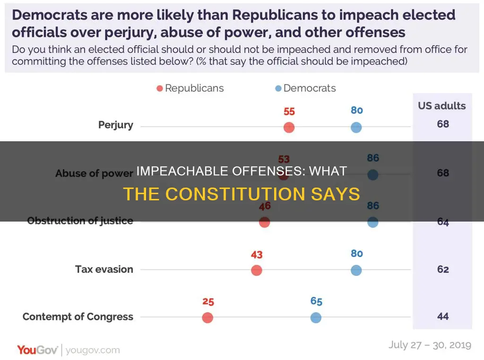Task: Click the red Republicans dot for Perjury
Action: tap(289, 128)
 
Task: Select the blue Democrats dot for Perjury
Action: tap(356, 128)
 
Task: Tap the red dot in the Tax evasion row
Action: tap(256, 270)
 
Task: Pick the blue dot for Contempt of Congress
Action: tap(316, 318)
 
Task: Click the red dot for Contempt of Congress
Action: tap(207, 318)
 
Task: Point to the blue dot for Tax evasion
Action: tap(356, 270)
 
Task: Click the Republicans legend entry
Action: tap(190, 88)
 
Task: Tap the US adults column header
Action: tap(442, 105)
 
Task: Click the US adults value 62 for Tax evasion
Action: tap(442, 269)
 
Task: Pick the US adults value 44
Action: tap(442, 317)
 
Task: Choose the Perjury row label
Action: tap(116, 125)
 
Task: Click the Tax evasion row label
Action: tap(104, 269)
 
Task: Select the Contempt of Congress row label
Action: tap(78, 317)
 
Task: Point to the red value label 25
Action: tap(208, 301)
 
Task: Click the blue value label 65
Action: tap(316, 301)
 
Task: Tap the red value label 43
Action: tap(257, 255)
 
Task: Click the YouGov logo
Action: tap(38, 350)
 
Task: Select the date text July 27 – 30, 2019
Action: tap(430, 345)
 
